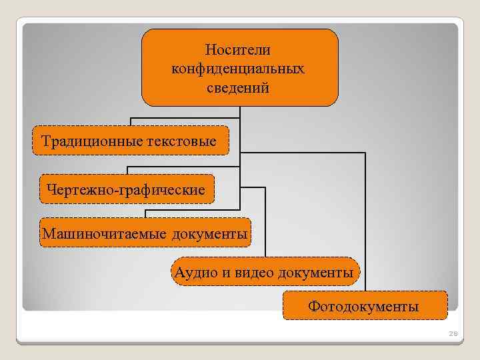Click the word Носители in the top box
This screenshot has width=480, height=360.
click(239, 50)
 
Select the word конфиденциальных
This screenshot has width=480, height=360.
click(239, 69)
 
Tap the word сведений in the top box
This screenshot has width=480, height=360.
click(239, 87)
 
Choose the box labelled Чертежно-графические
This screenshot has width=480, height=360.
click(127, 190)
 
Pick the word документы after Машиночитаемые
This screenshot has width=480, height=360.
click(209, 233)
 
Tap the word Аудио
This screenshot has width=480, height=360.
click(192, 273)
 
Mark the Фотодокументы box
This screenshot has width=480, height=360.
click(364, 307)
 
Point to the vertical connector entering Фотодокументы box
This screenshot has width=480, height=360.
click(365, 220)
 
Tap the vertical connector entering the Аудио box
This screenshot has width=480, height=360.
click(265, 223)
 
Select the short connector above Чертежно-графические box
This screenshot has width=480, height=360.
click(127, 171)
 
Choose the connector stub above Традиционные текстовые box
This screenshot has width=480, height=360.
click(131, 122)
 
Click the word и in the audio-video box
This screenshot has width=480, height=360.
click(221, 273)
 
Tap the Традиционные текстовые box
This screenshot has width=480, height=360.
click(131, 141)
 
